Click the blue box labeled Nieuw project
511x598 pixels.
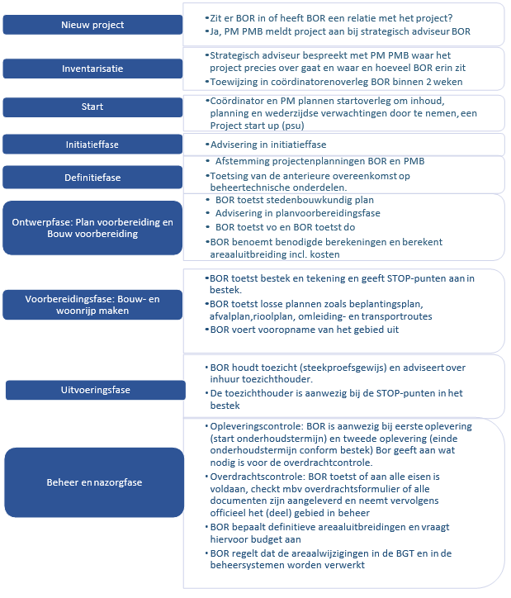[x=92, y=25]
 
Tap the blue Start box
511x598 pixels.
[x=92, y=107]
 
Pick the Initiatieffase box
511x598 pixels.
[x=92, y=144]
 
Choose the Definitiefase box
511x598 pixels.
[x=92, y=177]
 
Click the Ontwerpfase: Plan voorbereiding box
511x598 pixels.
[x=92, y=228]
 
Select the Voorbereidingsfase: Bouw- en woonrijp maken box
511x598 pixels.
[x=92, y=304]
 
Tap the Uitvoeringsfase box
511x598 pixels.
[x=92, y=389]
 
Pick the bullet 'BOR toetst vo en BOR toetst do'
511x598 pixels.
[x=286, y=226]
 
